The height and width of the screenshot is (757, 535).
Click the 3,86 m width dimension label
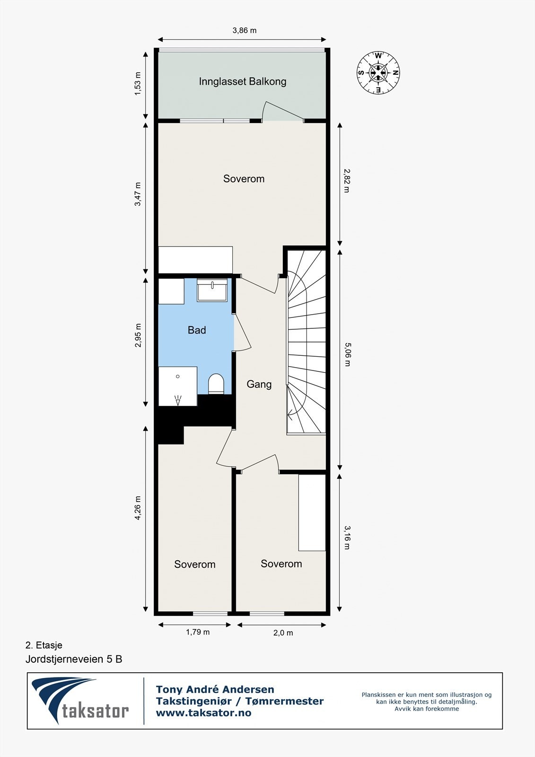coord(244,31)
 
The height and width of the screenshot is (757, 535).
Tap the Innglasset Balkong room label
coord(242,81)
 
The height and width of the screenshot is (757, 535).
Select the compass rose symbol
coord(378,73)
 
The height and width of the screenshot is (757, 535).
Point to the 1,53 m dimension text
coord(138,84)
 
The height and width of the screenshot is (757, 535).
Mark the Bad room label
coord(197,330)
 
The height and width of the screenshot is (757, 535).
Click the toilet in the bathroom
coord(216,383)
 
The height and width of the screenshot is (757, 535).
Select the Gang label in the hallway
coord(259,384)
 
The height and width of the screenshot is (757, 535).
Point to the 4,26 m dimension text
coord(138,508)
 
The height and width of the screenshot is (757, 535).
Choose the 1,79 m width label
coord(197,632)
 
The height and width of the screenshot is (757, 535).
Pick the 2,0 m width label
coord(283,633)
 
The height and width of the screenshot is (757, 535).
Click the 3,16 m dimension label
coord(347,537)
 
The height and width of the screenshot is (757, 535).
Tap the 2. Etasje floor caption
coord(44,645)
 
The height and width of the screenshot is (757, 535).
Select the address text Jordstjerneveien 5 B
coord(74,659)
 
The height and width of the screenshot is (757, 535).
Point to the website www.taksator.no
coord(203,713)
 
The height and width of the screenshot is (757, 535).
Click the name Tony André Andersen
coord(215,689)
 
